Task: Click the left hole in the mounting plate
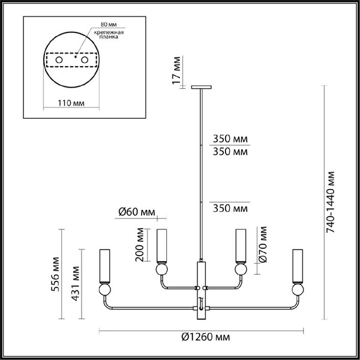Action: (x=58, y=61)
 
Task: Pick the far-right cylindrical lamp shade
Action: (x=298, y=265)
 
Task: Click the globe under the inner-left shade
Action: (x=161, y=271)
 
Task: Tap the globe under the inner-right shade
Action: (x=240, y=271)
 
